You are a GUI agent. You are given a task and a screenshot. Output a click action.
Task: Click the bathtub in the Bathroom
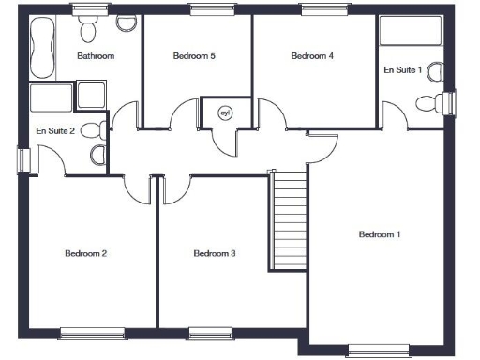[x=43, y=49]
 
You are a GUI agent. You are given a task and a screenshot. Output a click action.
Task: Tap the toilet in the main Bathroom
[x=88, y=31]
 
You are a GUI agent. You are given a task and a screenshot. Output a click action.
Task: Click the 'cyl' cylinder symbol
[x=224, y=112]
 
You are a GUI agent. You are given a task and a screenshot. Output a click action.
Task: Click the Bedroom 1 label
[x=380, y=234]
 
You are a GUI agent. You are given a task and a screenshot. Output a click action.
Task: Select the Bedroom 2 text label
[x=85, y=253]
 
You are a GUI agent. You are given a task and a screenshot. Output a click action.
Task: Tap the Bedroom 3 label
[x=214, y=253]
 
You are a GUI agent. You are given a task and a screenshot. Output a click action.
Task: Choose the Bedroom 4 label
[x=312, y=56]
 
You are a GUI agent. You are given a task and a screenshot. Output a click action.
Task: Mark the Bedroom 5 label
[x=195, y=56]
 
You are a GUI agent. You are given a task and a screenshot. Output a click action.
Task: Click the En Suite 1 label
[x=402, y=70]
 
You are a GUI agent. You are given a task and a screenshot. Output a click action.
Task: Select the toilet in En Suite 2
[x=95, y=131]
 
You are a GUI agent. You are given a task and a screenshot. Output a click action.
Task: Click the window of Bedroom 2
[x=92, y=332]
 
